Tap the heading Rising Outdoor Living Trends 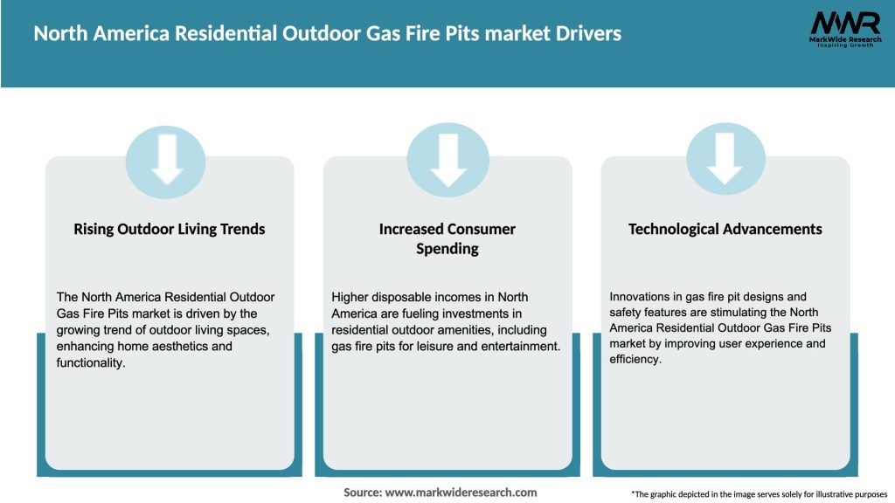pyautogui.click(x=170, y=229)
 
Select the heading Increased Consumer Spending pyautogui.click(x=447, y=238)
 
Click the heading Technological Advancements pyautogui.click(x=725, y=229)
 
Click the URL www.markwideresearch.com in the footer pyautogui.click(x=461, y=493)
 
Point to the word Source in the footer pyautogui.click(x=363, y=493)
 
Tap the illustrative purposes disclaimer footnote pyautogui.click(x=759, y=494)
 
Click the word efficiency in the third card pyautogui.click(x=635, y=359)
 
